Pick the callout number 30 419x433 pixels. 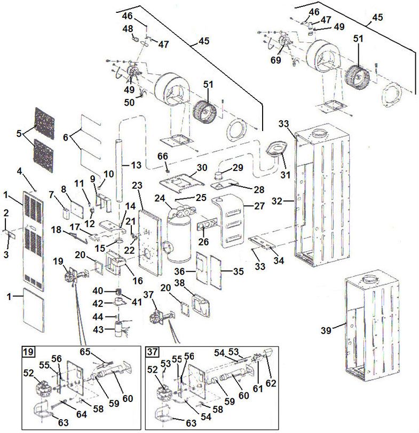pyautogui.click(x=201, y=167)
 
